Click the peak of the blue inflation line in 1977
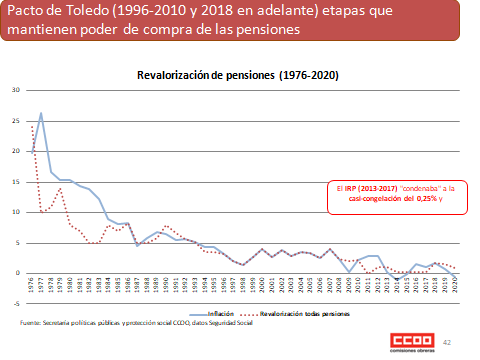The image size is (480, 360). pos(41,113)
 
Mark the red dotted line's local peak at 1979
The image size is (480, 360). pos(60,188)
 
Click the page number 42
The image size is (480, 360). pos(446,342)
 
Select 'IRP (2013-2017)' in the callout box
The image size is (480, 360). pos(371,187)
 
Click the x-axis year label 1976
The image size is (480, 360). pos(32,284)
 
